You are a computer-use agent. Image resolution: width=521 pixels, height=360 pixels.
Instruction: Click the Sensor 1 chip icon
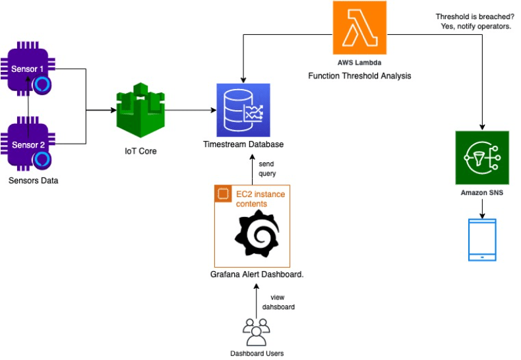tap(27, 68)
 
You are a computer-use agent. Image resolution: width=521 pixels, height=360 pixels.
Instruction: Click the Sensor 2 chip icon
tap(27, 144)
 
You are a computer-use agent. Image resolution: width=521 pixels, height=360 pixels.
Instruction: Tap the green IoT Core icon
tap(138, 109)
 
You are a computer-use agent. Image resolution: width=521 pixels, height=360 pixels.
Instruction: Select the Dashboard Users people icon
tap(256, 332)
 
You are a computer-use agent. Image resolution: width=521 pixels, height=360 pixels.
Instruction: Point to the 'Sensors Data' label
tap(33, 180)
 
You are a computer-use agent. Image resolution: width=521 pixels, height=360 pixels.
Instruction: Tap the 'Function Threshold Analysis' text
tap(359, 76)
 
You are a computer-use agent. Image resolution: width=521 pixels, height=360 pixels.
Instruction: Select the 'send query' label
tap(267, 168)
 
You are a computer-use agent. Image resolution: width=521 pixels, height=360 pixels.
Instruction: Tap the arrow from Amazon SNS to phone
tap(482, 209)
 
